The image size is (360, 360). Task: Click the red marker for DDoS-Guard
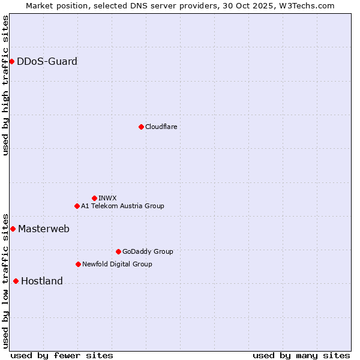[11, 61]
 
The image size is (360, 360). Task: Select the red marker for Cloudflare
[141, 127]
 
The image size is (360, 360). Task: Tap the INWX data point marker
[94, 198]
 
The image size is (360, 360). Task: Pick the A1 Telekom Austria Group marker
[77, 206]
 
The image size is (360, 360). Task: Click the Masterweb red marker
[13, 229]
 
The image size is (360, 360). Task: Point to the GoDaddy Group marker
[118, 251]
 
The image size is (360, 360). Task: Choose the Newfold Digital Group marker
[78, 264]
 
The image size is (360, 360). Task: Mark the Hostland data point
[16, 281]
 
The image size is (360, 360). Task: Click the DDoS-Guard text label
[47, 61]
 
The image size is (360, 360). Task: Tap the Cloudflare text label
[161, 127]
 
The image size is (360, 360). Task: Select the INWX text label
[107, 198]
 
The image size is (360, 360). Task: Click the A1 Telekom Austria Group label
[122, 206]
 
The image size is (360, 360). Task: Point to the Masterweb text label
[43, 229]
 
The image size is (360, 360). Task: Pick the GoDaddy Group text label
[147, 251]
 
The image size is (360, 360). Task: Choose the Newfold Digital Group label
[117, 264]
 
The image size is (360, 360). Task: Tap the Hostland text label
[41, 281]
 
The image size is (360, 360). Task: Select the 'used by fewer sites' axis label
[62, 355]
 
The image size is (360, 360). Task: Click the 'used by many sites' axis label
[301, 355]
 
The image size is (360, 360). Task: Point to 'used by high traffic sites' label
[5, 85]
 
